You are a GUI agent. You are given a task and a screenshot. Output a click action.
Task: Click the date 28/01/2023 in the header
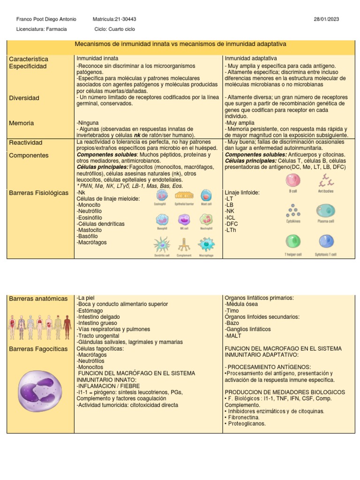point(326,19)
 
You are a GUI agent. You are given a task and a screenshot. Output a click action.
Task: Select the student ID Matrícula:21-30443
point(115,19)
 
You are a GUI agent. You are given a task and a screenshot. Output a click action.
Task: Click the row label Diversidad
point(24,98)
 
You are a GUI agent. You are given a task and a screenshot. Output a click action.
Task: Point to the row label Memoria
point(22,123)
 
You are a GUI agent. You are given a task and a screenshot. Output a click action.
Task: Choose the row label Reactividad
point(26,142)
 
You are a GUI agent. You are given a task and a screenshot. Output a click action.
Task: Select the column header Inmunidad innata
point(94,58)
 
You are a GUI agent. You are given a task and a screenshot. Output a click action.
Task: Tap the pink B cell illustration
point(293,180)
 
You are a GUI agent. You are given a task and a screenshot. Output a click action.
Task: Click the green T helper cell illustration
point(292,242)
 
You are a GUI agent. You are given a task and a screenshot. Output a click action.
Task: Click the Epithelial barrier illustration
point(184,196)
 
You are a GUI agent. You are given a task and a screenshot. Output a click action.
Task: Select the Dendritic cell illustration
point(162,245)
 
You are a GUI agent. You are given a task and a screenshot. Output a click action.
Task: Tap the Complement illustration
point(184,245)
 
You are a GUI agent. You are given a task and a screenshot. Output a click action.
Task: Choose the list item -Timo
point(233,310)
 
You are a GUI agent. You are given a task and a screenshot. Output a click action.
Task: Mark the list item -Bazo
point(233,323)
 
